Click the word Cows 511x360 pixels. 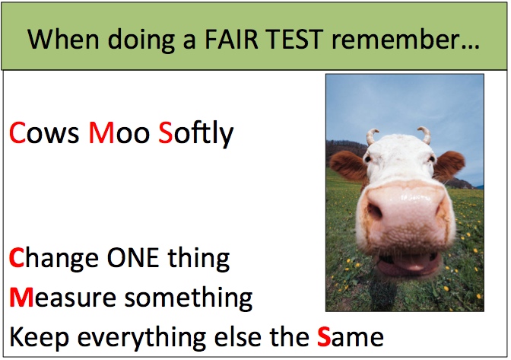pyautogui.click(x=44, y=132)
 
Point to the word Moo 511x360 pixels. pyautogui.click(x=119, y=132)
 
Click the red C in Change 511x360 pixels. pyautogui.click(x=17, y=257)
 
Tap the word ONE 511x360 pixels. pyautogui.click(x=133, y=257)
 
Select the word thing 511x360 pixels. pyautogui.click(x=198, y=259)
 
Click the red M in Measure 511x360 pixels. pyautogui.click(x=21, y=298)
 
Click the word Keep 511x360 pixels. pyautogui.click(x=39, y=337)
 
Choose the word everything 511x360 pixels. pyautogui.click(x=141, y=338)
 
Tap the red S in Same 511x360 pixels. pyautogui.click(x=324, y=337)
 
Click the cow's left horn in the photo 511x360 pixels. pyautogui.click(x=372, y=136)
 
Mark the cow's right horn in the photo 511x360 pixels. pyautogui.click(x=424, y=135)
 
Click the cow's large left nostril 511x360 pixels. pyautogui.click(x=375, y=212)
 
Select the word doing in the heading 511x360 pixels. pyautogui.click(x=141, y=40)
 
